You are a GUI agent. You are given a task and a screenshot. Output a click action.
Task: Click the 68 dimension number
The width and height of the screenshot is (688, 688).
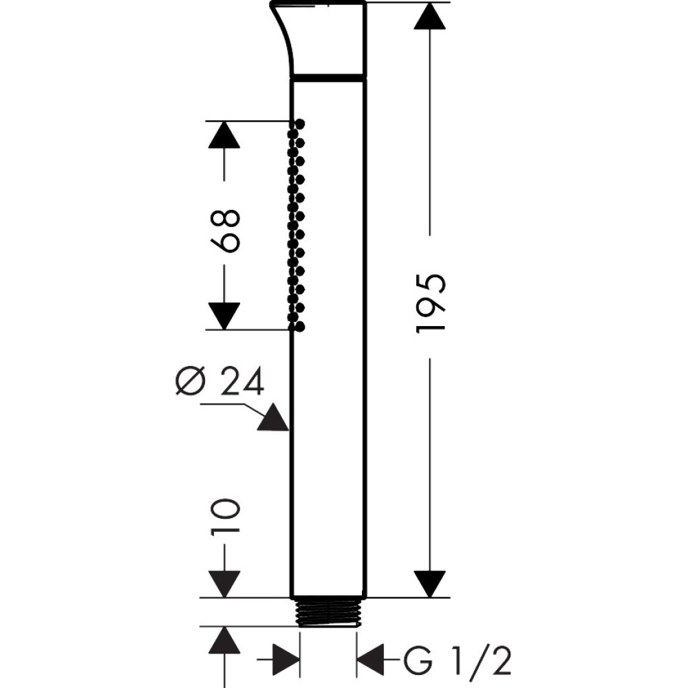point(225,231)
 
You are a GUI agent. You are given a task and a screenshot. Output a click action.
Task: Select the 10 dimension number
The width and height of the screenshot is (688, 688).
point(225,518)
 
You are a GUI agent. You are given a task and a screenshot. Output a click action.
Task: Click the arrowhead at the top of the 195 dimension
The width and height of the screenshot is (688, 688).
point(431,17)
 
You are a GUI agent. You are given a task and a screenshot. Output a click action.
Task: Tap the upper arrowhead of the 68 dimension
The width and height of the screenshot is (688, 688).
point(224,135)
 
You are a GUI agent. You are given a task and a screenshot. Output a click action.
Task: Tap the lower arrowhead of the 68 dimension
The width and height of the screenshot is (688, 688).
point(224,316)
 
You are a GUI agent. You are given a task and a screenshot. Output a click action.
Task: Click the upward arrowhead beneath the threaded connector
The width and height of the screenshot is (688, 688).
point(224,641)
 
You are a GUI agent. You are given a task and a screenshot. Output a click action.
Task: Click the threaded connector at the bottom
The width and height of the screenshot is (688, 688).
point(328,612)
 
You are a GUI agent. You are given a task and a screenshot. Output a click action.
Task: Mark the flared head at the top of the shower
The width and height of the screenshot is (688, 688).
point(323,38)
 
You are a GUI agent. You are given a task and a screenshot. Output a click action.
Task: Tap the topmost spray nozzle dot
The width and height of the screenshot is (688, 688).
point(300,124)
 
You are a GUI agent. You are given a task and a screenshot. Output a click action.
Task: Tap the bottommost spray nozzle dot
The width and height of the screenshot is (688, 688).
point(300,327)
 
